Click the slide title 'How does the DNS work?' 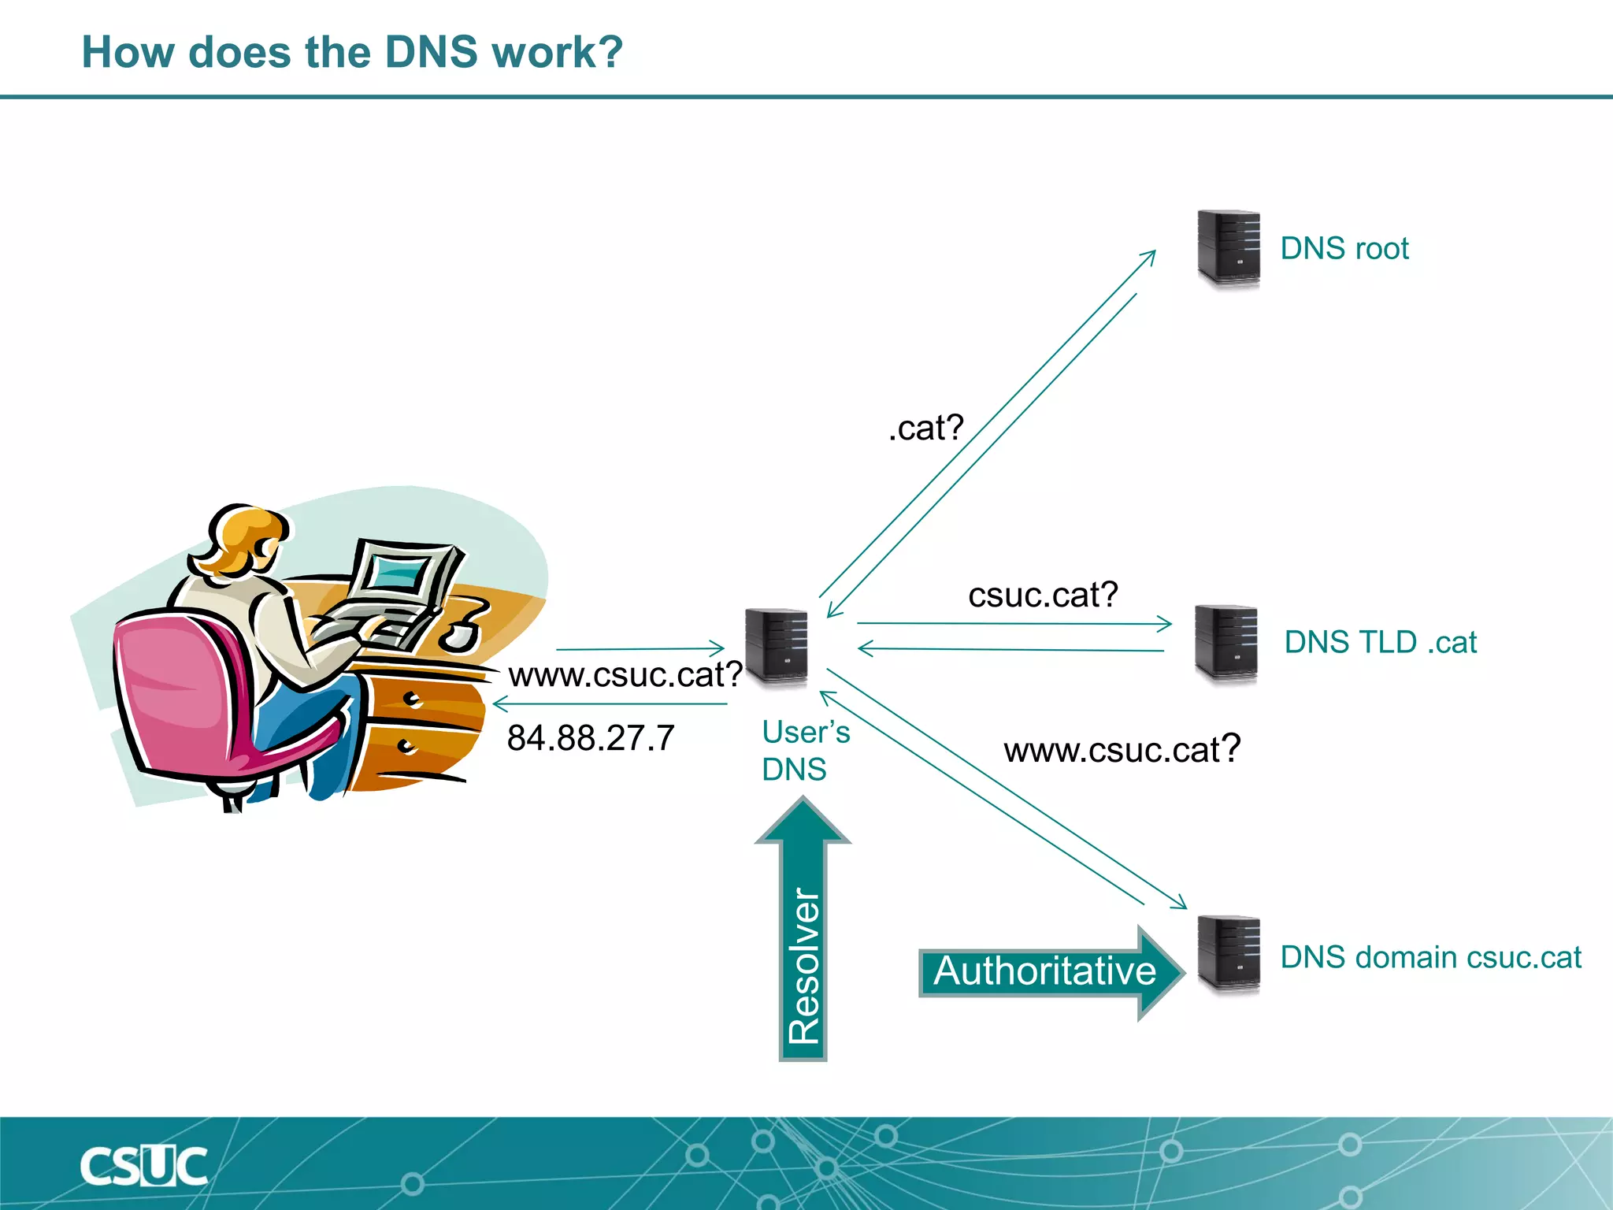tap(352, 52)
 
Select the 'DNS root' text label tap(1344, 248)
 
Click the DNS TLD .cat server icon tap(1225, 642)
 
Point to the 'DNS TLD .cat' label tap(1380, 642)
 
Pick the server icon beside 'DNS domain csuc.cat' tap(1227, 954)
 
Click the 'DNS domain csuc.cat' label tap(1430, 957)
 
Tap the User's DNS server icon tap(776, 645)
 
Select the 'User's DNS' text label tap(805, 750)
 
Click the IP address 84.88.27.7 tap(590, 738)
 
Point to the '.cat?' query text tap(925, 428)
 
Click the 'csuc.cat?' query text tap(1043, 595)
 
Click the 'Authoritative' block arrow tap(1048, 971)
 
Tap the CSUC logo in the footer tap(143, 1166)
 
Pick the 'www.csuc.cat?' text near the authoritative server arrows tap(1122, 749)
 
